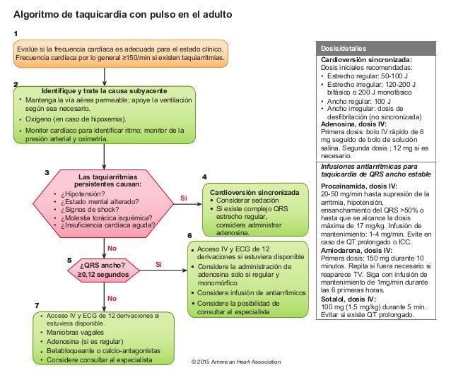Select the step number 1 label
click(16, 33)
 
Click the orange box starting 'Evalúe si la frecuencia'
click(122, 54)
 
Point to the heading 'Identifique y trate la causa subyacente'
click(104, 92)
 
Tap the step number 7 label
click(37, 305)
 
